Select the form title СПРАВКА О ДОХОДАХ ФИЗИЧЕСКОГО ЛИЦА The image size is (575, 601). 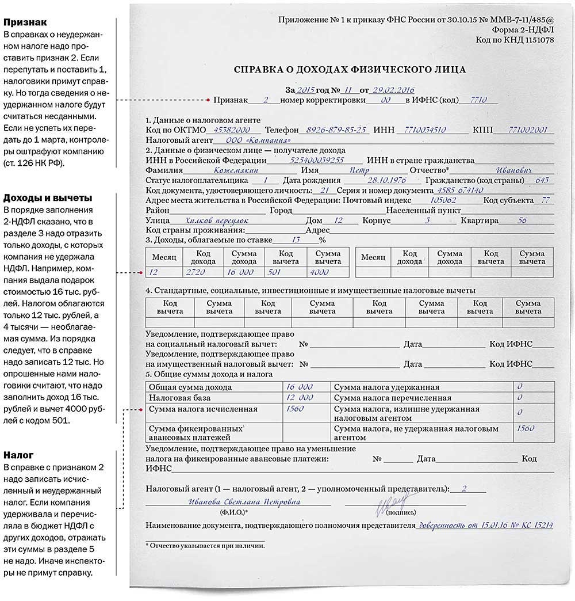click(350, 70)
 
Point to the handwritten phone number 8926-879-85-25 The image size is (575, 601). click(336, 130)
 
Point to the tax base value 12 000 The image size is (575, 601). click(300, 398)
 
